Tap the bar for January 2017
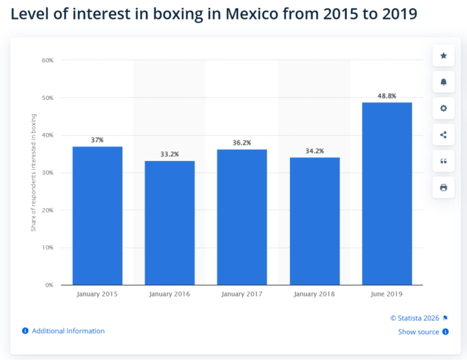point(242,217)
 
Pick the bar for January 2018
point(315,221)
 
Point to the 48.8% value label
point(387,96)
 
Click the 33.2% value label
point(169,154)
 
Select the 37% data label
point(97,140)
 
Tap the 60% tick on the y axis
point(47,60)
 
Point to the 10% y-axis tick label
point(47,248)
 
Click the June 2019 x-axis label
point(387,294)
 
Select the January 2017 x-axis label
point(242,294)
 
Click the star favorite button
point(444,56)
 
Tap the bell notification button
point(444,82)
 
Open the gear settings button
point(444,108)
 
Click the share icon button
point(444,135)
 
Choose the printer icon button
point(444,187)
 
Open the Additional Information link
point(68,331)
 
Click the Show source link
point(418,332)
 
